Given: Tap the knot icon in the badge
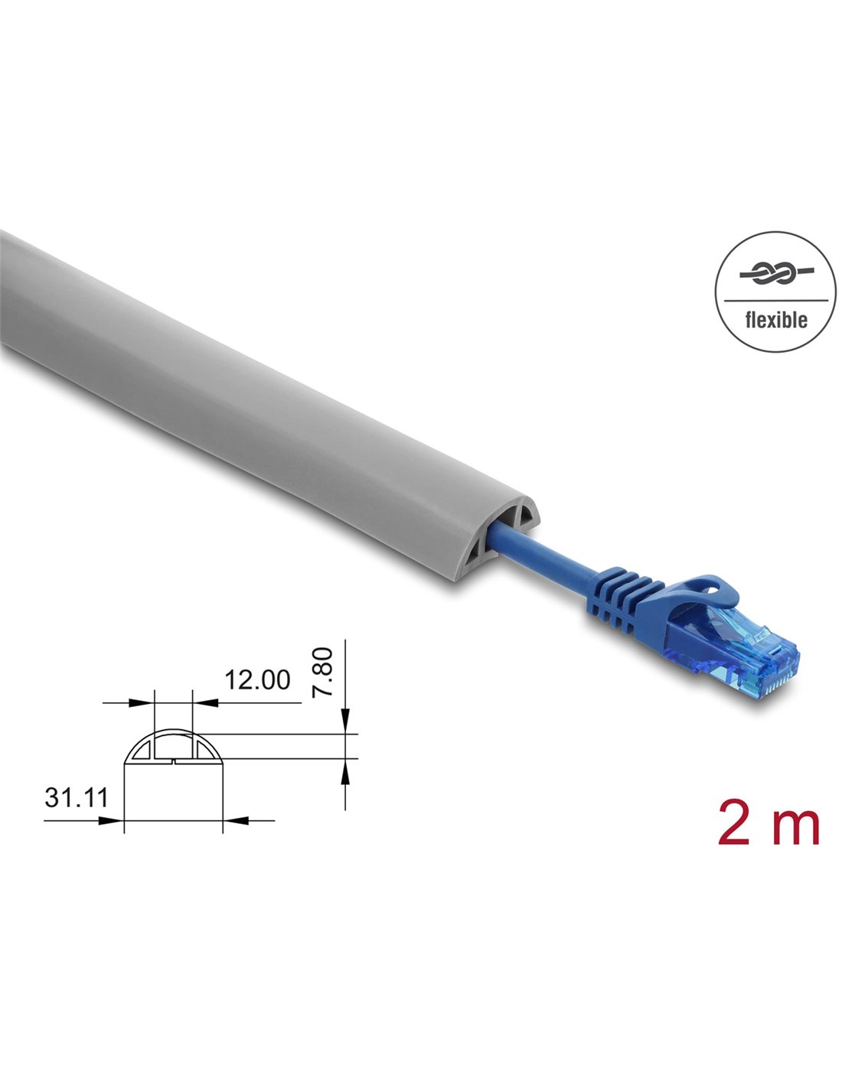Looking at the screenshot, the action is [x=776, y=273].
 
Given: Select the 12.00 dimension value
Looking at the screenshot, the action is [x=257, y=679].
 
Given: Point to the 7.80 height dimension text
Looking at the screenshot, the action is [x=322, y=672].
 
